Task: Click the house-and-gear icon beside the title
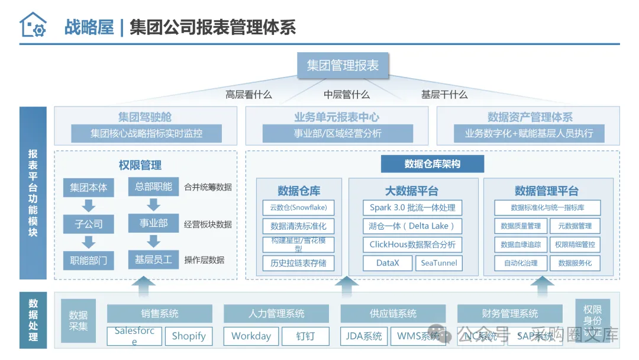click(x=33, y=25)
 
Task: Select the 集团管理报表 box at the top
click(x=343, y=65)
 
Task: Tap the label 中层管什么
click(x=346, y=95)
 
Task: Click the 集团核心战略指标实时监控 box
click(x=146, y=133)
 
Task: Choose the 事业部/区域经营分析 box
click(x=338, y=133)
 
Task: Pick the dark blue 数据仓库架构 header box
click(x=432, y=164)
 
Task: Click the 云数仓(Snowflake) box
click(x=298, y=208)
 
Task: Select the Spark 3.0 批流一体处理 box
click(x=412, y=208)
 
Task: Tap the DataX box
click(x=388, y=263)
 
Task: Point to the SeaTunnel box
click(x=438, y=263)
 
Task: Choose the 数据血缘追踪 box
click(x=521, y=244)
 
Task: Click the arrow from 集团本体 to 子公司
click(x=89, y=205)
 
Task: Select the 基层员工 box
click(x=153, y=259)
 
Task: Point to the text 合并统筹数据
click(x=208, y=188)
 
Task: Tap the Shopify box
click(x=189, y=336)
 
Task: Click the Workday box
click(x=251, y=336)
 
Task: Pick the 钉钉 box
click(x=305, y=336)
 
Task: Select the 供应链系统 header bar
click(x=393, y=314)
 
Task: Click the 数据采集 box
click(x=78, y=320)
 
